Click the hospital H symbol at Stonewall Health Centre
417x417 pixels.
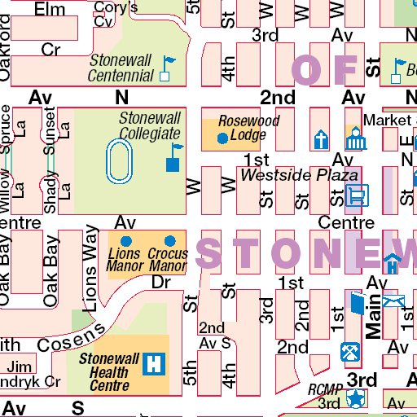click(152, 363)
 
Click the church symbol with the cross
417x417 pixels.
click(322, 139)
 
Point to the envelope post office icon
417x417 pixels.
click(396, 302)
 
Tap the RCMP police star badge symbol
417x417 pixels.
click(355, 398)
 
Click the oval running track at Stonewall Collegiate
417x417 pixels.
click(119, 160)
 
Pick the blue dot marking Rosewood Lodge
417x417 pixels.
click(222, 138)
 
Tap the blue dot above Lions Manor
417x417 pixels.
click(125, 241)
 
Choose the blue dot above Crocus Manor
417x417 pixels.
click(170, 241)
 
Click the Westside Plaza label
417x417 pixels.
click(300, 175)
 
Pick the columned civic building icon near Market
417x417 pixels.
click(353, 139)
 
